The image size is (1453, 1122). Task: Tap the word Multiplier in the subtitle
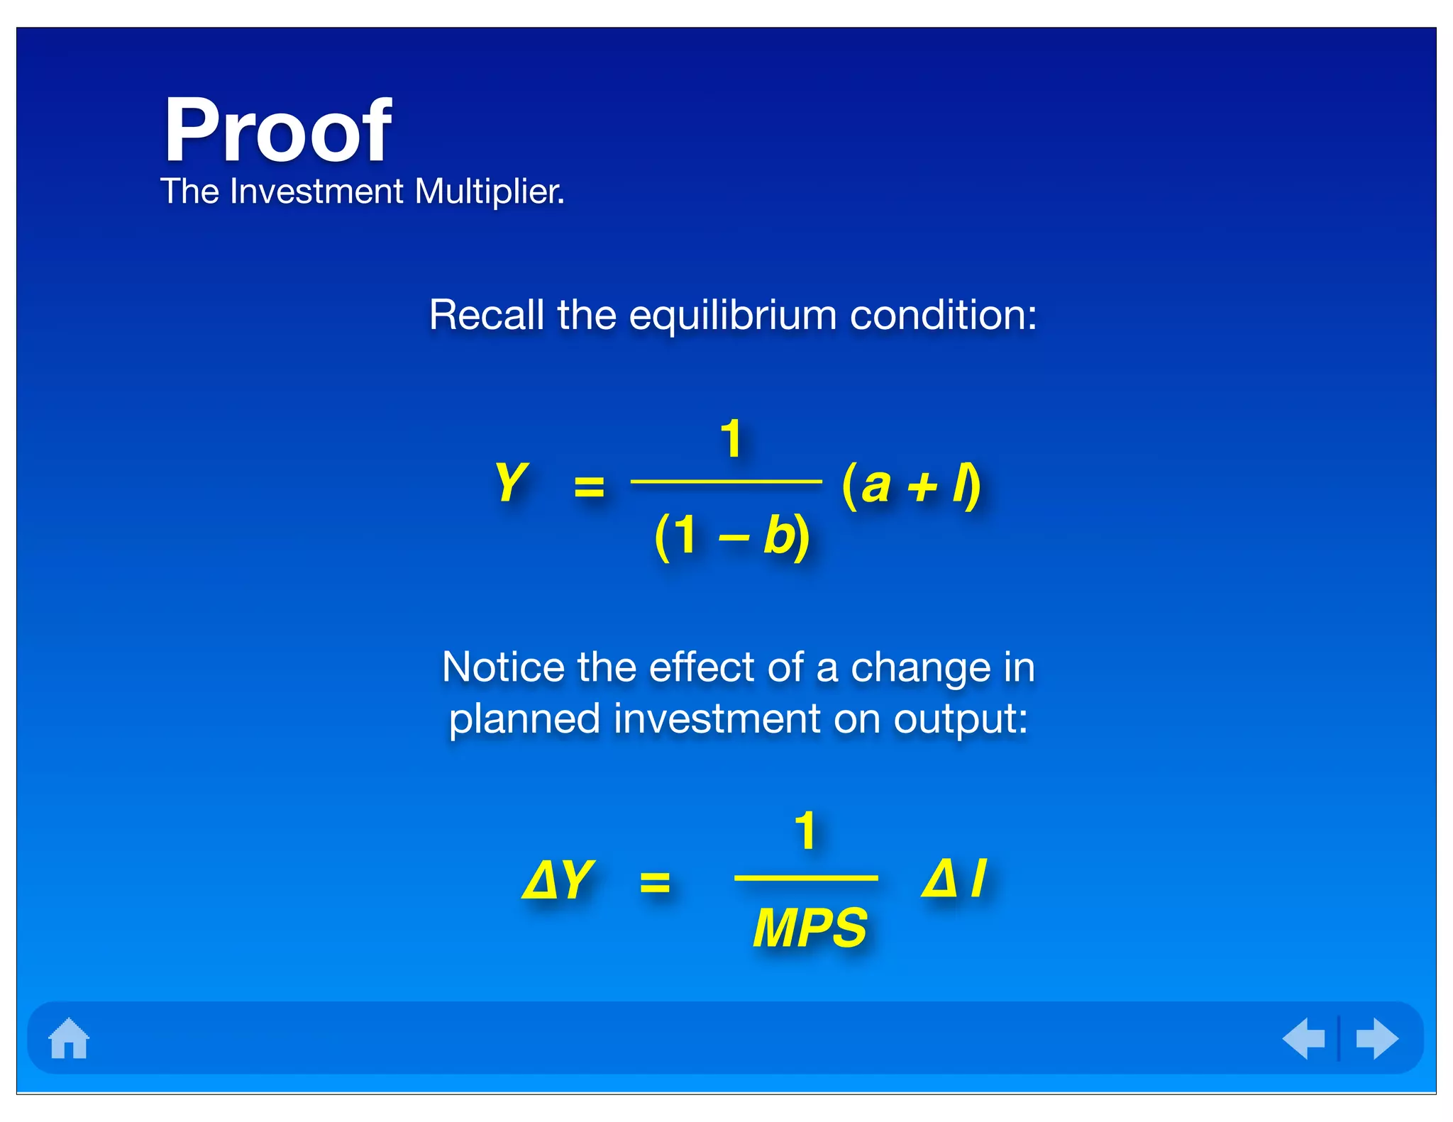tap(490, 191)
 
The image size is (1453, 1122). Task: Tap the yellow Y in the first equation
tap(511, 482)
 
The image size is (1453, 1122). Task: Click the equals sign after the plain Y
tap(589, 487)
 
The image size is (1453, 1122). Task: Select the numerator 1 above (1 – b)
tap(731, 439)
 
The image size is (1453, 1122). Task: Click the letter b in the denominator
tap(779, 535)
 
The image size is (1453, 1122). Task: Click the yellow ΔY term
tap(558, 880)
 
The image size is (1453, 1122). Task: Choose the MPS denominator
tap(810, 928)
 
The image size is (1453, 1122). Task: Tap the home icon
tap(69, 1038)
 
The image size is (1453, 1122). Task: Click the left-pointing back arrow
tap(1304, 1038)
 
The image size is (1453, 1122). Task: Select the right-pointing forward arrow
tap(1376, 1038)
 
